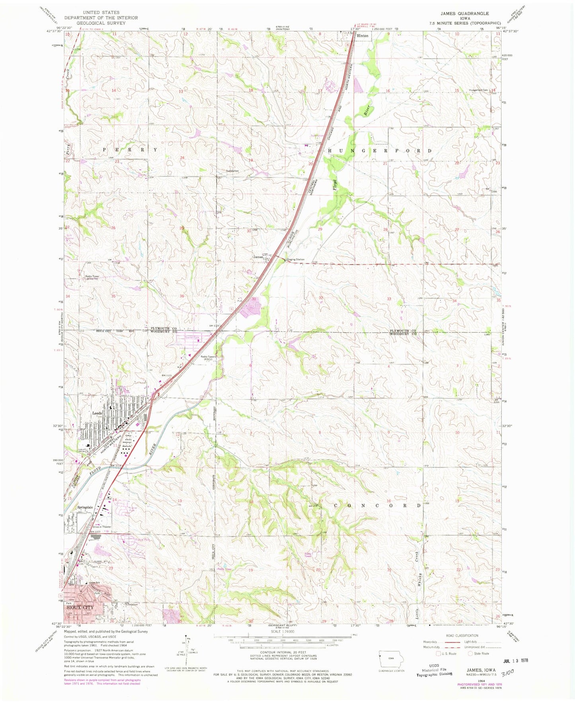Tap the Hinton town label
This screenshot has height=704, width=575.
[x=363, y=36]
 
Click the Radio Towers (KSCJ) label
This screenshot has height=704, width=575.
[x=209, y=358]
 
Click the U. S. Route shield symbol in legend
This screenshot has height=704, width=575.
[x=439, y=653]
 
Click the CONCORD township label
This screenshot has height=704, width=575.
[x=377, y=506]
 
